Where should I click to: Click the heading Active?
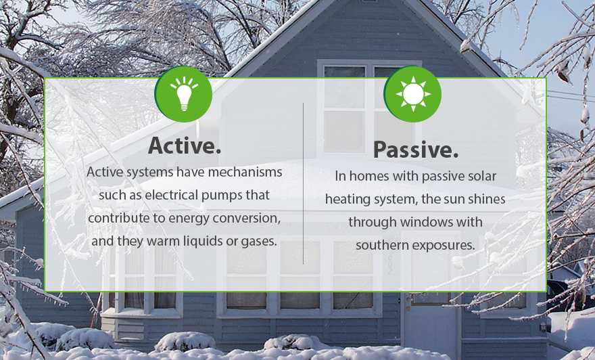coord(185,145)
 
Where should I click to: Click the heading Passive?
coord(416,150)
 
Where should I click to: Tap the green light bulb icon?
coord(183,94)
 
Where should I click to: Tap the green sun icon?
coord(412,94)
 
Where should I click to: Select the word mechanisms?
coord(245,172)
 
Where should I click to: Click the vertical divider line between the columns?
coord(303,183)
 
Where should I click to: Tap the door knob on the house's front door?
coord(408,300)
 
